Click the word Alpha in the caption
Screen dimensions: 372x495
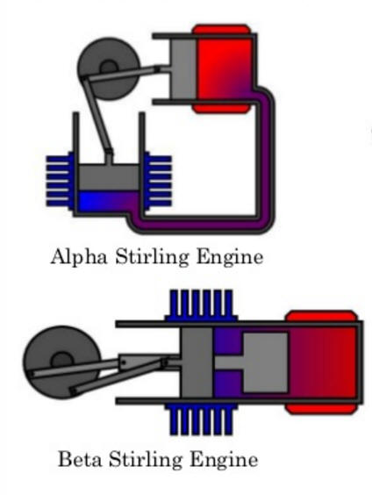coord(79,257)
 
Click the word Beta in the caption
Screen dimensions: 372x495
coord(81,459)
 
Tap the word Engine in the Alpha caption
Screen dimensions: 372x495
coord(230,258)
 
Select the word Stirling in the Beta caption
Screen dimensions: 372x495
coord(146,460)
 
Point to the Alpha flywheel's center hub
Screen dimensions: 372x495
coord(109,68)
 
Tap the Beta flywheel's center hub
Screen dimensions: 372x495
coord(61,361)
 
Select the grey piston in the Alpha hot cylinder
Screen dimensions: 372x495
coord(183,68)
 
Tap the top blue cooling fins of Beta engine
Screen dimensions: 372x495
coord(201,305)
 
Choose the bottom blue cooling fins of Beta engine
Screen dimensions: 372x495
coord(201,420)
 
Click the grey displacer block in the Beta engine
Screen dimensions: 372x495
coord(265,362)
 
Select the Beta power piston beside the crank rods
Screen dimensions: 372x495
coord(197,362)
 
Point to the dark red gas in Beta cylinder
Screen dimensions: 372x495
coord(323,362)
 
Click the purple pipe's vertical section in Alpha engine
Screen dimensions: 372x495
coord(265,158)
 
